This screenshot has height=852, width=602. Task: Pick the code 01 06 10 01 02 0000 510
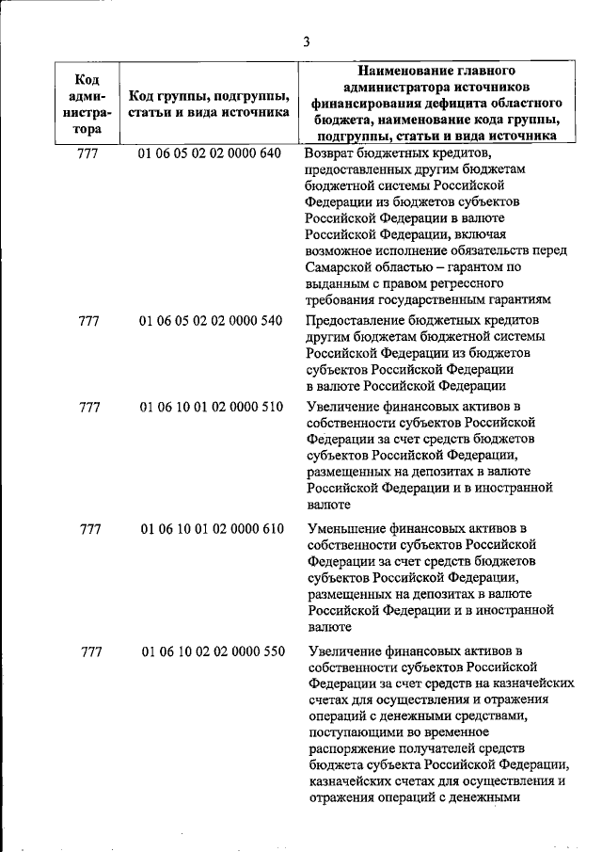point(210,407)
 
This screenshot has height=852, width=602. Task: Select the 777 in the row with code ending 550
point(92,651)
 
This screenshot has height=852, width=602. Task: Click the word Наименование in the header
point(410,71)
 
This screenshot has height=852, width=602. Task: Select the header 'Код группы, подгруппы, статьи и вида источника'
point(209,104)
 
